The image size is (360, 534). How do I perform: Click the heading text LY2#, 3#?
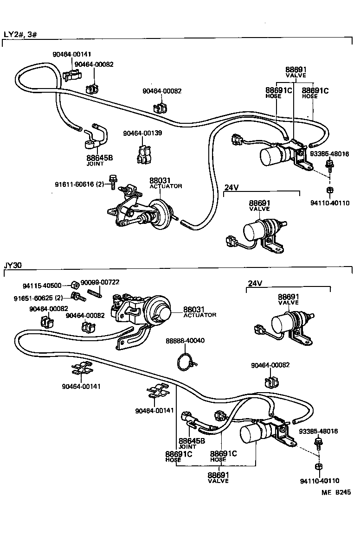pyautogui.click(x=20, y=34)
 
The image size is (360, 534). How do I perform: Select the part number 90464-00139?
pyautogui.click(x=142, y=133)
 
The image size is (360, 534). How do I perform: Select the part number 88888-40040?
pyautogui.click(x=185, y=341)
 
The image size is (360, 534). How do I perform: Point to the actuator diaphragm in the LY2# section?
pyautogui.click(x=160, y=216)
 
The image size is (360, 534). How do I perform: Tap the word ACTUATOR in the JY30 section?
pyautogui.click(x=199, y=315)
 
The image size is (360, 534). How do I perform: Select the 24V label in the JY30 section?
pyautogui.click(x=255, y=283)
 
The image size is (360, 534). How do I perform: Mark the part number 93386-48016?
pyautogui.click(x=330, y=154)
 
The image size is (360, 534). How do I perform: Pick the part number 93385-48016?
pyautogui.click(x=318, y=431)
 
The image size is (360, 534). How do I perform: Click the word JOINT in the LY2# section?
pyautogui.click(x=95, y=164)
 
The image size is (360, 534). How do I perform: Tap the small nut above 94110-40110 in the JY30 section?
pyautogui.click(x=318, y=466)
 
